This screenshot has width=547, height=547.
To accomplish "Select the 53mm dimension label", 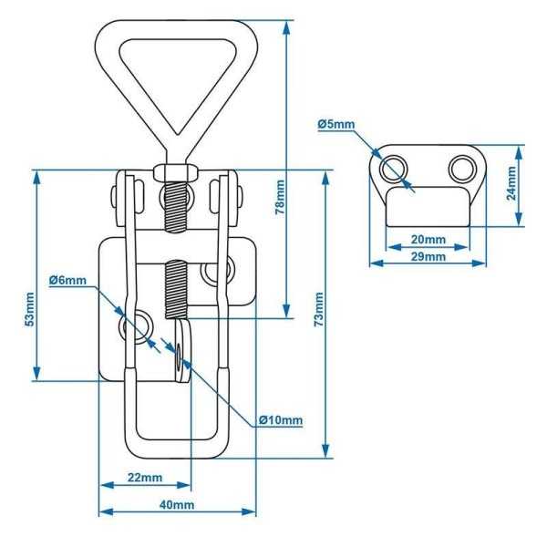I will pyautogui.click(x=29, y=310).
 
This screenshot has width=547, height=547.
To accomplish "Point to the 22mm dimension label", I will pyautogui.click(x=144, y=478).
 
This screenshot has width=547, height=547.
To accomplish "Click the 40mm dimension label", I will pyautogui.click(x=176, y=505).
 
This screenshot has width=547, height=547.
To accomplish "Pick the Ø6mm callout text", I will pyautogui.click(x=68, y=280).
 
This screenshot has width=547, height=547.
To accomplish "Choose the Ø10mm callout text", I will pyautogui.click(x=279, y=419).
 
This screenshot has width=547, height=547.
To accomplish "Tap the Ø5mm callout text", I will pyautogui.click(x=336, y=123).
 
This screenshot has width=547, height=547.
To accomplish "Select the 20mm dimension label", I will pyautogui.click(x=428, y=240).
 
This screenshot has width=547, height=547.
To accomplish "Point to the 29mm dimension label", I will pyautogui.click(x=428, y=257).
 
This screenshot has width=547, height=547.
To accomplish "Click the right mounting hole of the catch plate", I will pyautogui.click(x=461, y=169).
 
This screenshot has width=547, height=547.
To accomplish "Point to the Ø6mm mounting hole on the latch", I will pyautogui.click(x=141, y=327).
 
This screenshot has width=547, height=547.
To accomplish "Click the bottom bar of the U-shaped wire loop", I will pyautogui.click(x=179, y=453).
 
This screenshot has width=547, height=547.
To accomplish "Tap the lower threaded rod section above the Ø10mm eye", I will pyautogui.click(x=176, y=287).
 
